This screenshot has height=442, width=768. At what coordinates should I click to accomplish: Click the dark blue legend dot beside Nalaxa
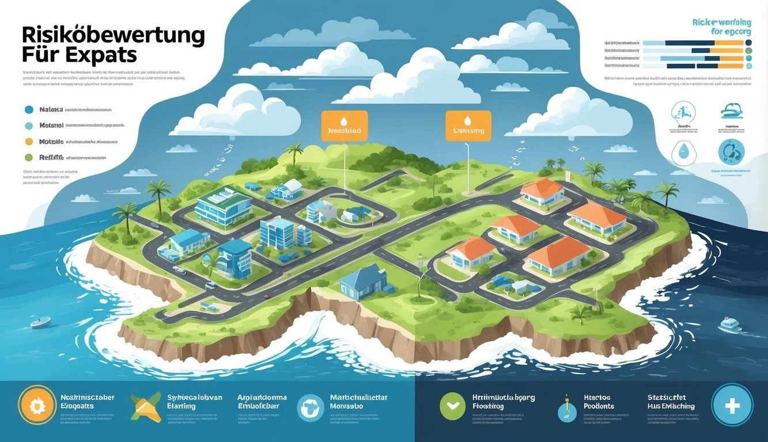click(28, 109)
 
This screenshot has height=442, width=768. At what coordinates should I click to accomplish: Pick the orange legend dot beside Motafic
click(28, 141)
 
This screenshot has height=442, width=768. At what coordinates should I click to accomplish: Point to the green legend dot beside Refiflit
click(28, 157)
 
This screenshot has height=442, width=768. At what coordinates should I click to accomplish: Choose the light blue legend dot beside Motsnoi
click(28, 125)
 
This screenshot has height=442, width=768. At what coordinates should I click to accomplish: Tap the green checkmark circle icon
click(452, 406)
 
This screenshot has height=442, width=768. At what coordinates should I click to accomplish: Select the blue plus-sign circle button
click(732, 405)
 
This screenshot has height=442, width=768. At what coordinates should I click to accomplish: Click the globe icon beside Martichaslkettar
click(311, 407)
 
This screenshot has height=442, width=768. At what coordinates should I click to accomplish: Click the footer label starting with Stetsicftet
click(671, 402)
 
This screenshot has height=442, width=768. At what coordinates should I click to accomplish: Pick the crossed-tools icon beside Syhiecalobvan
click(145, 407)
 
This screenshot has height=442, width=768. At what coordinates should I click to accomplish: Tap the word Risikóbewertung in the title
click(113, 35)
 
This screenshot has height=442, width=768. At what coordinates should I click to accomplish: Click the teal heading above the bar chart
click(722, 27)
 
